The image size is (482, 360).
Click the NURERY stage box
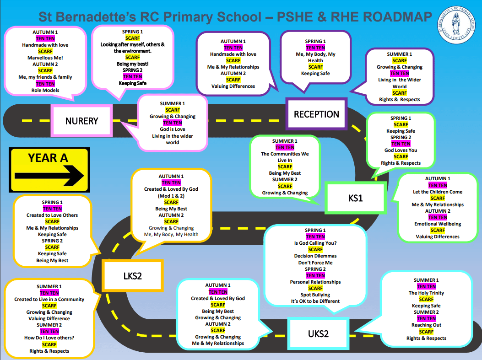tap(81, 121)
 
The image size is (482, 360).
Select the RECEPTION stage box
tap(316, 114)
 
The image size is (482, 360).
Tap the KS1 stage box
tap(355, 198)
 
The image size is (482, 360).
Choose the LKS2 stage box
tap(132, 276)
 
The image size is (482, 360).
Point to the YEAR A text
tap(48, 158)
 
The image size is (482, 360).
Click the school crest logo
tap(458, 26)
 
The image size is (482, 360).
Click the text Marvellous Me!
tap(45, 58)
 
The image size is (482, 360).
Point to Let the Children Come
tap(438, 192)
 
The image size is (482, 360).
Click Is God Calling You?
tap(315, 243)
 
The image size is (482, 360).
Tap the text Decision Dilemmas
tap(315, 256)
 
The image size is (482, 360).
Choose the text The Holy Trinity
tap(426, 293)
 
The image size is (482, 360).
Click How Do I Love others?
tap(49, 338)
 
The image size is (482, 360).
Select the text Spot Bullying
tap(315, 295)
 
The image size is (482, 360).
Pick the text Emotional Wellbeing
tap(438, 224)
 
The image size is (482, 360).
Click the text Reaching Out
tap(426, 325)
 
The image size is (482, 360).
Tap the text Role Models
tap(45, 90)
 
